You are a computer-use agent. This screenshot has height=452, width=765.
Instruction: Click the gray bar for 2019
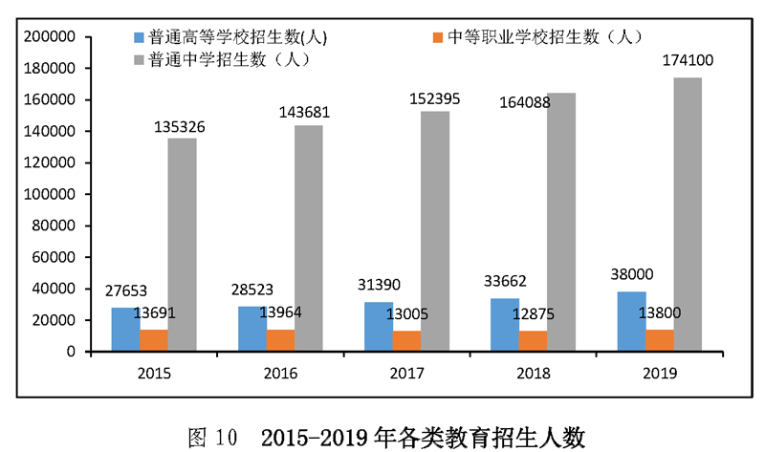pos(687,214)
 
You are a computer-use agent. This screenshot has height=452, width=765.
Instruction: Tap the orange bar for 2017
pos(406,340)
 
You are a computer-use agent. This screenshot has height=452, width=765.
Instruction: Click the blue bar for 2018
pos(505,325)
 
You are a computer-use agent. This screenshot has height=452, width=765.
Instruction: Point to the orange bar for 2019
pos(659,340)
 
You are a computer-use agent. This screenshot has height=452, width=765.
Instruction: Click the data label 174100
pos(688,61)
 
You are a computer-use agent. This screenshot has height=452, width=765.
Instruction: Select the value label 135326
pos(181,125)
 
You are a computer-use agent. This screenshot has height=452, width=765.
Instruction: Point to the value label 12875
pos(533,316)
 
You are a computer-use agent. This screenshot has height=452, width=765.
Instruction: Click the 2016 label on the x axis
pos(281,373)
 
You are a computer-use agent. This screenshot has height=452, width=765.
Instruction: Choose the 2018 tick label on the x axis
pos(534,373)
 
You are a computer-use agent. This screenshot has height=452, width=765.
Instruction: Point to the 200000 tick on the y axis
pos(53,37)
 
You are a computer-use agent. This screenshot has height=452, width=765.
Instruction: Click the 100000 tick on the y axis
pos(53,194)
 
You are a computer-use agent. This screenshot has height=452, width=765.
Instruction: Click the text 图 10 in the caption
pos(212,438)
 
